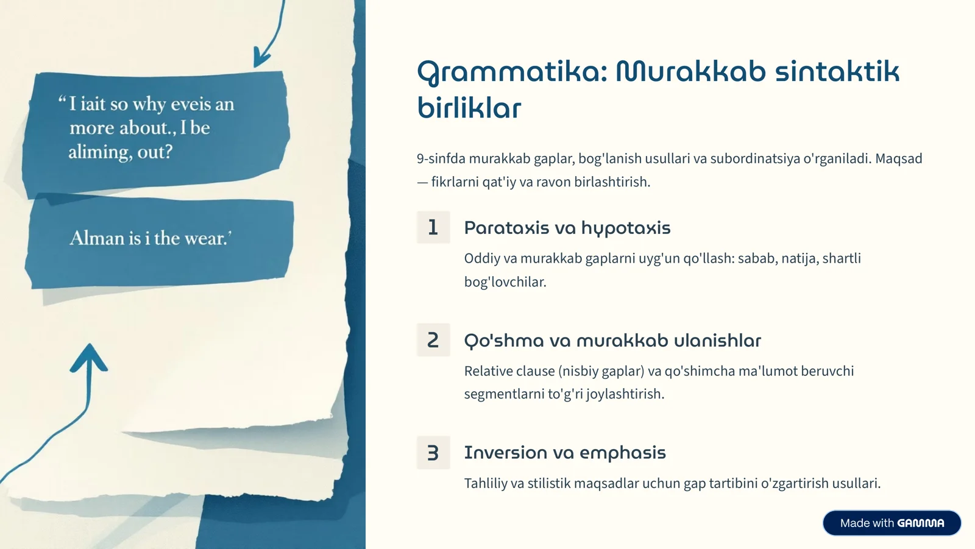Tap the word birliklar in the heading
click(x=469, y=108)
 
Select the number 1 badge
click(x=433, y=227)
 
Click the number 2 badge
click(x=433, y=340)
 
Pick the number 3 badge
click(x=433, y=453)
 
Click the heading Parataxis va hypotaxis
click(x=567, y=228)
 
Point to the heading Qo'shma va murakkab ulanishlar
click(x=612, y=341)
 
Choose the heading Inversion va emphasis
click(x=564, y=453)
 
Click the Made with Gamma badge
click(x=892, y=523)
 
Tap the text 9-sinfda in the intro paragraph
click(x=441, y=158)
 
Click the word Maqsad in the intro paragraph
click(x=898, y=158)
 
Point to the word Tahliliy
click(x=485, y=483)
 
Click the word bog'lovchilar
click(x=505, y=282)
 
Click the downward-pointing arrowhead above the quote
click(x=261, y=59)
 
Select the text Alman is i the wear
click(x=151, y=238)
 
